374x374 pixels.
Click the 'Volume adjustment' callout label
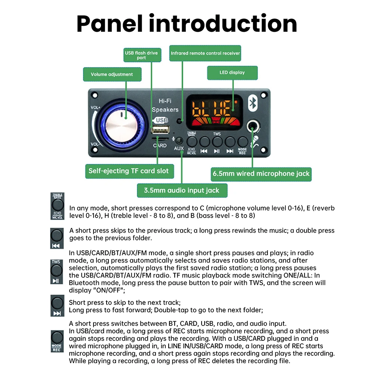(x=112, y=74)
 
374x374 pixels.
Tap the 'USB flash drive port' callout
(x=141, y=55)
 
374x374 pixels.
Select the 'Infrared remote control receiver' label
(x=205, y=53)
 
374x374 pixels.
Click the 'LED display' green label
(x=232, y=73)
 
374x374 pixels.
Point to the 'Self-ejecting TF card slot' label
(x=128, y=171)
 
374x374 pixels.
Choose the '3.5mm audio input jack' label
(x=182, y=190)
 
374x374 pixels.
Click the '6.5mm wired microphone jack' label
(x=261, y=174)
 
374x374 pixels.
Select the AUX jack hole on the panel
(x=179, y=141)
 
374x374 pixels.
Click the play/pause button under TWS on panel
(x=217, y=141)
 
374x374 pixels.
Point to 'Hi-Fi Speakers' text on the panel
(x=165, y=105)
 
